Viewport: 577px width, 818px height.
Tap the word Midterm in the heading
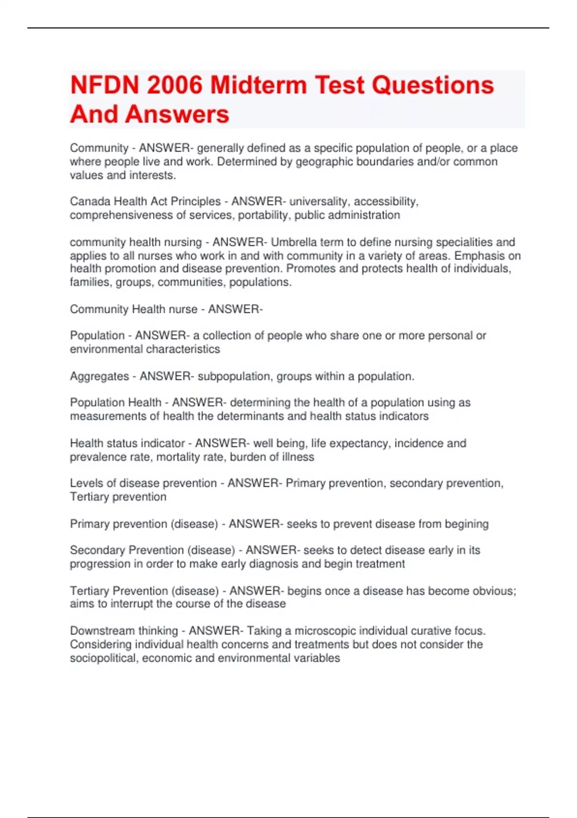259,85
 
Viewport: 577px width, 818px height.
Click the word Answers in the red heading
177,115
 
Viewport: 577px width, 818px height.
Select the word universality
317,202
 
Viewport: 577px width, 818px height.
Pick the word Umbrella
293,242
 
